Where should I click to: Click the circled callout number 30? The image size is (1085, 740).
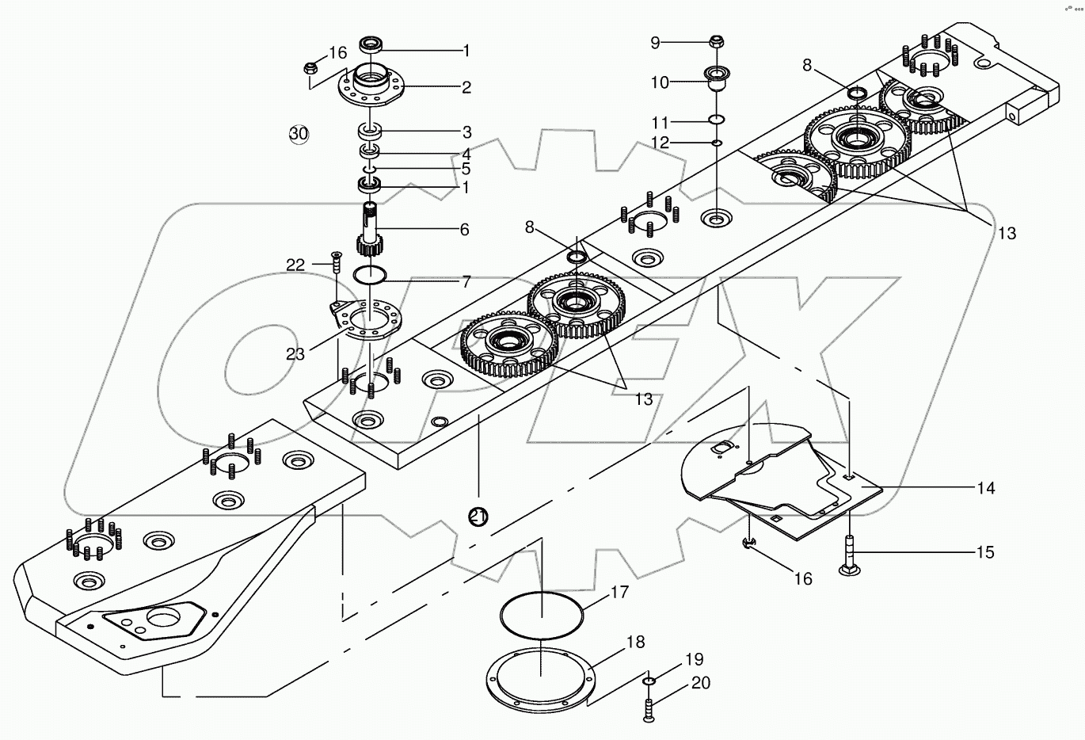click(299, 134)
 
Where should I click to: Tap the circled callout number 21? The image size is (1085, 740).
click(478, 517)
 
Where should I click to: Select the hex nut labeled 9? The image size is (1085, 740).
click(716, 41)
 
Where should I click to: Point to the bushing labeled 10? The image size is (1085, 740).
click(717, 80)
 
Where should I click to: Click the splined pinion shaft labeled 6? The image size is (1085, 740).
click(371, 231)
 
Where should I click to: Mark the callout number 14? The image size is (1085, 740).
click(984, 488)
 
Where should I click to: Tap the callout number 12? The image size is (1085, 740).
click(659, 143)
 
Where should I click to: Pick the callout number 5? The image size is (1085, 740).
click(466, 169)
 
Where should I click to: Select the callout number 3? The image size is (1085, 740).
click(466, 132)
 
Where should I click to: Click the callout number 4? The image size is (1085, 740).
click(466, 153)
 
